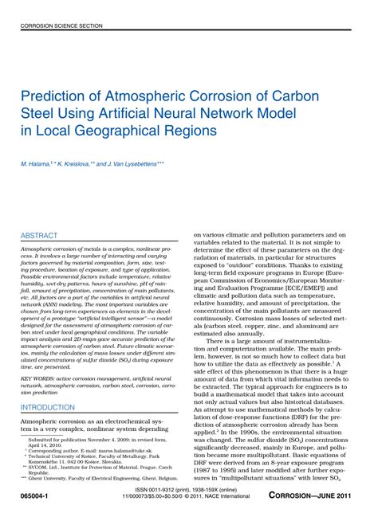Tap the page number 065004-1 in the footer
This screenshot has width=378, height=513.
(32, 495)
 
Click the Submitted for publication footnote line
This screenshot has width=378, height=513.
(100, 440)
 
